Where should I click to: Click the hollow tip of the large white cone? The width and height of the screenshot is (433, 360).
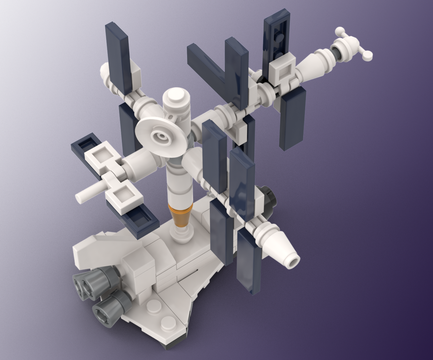(x=293, y=260)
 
